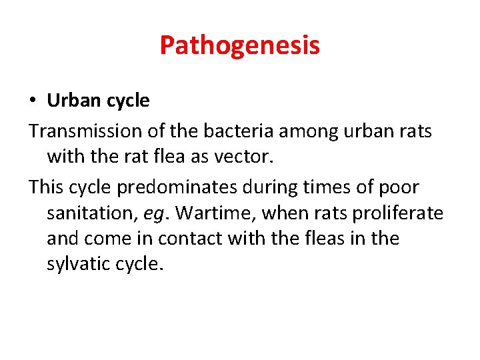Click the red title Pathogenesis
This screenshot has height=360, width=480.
coord(239,45)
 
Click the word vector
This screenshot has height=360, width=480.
coord(241,157)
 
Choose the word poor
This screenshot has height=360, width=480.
coord(399,187)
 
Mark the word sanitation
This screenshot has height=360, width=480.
coord(90,213)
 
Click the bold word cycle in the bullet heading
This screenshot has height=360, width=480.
coord(126,101)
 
